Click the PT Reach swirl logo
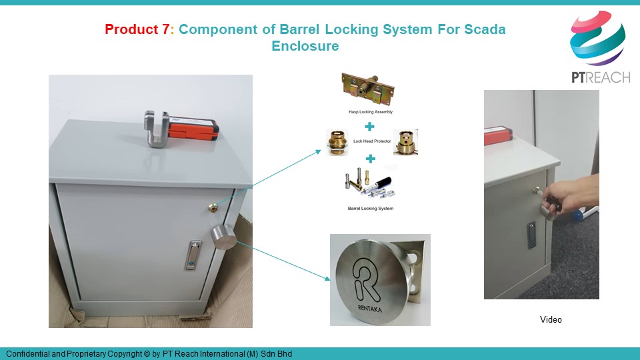[597, 38]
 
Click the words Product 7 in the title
[137, 29]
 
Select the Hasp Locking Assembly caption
[371, 112]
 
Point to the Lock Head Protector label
[372, 141]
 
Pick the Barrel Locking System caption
[371, 208]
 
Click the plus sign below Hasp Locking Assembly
[369, 127]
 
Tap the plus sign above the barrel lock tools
[370, 159]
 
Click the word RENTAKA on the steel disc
[370, 308]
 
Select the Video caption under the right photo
[551, 319]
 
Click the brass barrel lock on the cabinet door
[213, 207]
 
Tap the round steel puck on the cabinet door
[223, 237]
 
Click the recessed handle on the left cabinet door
[193, 255]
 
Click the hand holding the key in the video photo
[571, 195]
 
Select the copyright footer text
[149, 354]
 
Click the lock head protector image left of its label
[337, 143]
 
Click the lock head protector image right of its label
[405, 142]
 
